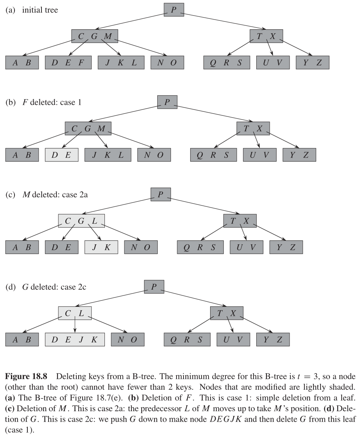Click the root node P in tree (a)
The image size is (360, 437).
(174, 10)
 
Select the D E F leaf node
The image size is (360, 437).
(68, 63)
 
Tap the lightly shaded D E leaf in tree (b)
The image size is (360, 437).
(61, 155)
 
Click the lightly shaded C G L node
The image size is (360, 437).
(81, 221)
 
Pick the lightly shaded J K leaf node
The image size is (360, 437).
(101, 247)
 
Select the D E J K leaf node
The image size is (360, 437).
(75, 339)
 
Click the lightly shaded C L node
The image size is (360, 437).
(75, 313)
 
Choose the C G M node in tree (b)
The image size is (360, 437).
(88, 129)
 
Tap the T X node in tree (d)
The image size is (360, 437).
(227, 313)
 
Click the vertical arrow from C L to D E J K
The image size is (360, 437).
(75, 326)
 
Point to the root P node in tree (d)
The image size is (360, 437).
(154, 287)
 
